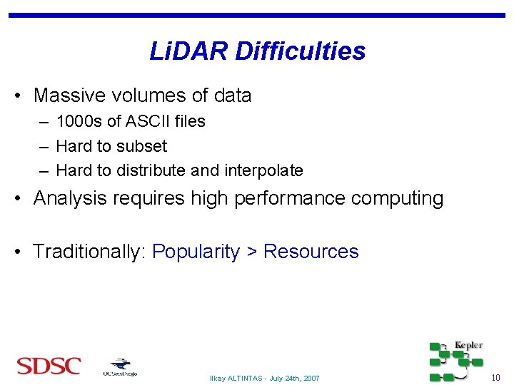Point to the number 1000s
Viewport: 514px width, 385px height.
point(79,121)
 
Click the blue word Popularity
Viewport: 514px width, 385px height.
point(196,252)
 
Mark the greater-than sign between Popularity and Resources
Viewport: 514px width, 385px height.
point(252,252)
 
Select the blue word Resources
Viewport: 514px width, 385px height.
point(311,252)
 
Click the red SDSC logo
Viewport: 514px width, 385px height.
point(49,366)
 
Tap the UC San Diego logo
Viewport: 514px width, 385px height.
point(119,367)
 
